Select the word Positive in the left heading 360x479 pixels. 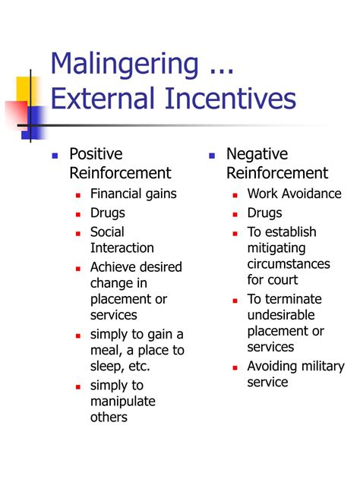[96, 155]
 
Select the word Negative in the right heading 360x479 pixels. [258, 155]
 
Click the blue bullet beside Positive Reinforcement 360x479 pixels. [55, 156]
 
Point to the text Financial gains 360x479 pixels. [133, 194]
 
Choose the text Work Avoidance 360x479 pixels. [294, 194]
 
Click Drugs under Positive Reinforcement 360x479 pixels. [107, 213]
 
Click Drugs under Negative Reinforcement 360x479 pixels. [264, 213]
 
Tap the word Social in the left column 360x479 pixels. [107, 232]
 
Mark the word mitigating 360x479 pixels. [276, 248]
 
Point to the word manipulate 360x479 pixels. [122, 401]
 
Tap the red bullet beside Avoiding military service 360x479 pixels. [235, 368]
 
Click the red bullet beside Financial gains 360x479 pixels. [78, 195]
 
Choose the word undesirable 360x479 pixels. [280, 315]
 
